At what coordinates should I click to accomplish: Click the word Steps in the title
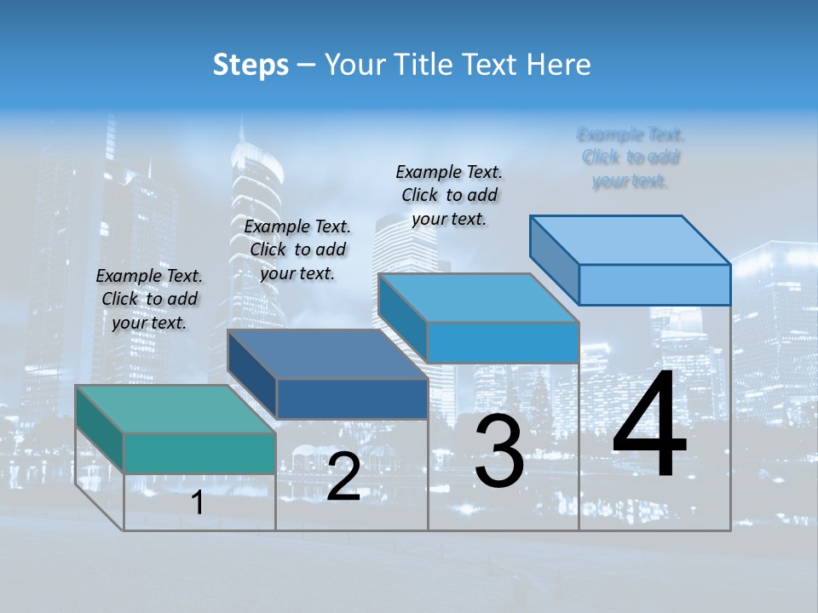251,65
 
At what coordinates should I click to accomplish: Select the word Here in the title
558,65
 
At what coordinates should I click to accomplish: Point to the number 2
343,477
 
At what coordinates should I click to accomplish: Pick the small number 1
198,503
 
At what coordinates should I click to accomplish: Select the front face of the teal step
199,453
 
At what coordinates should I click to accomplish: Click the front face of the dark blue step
352,398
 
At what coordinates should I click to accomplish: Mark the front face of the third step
503,342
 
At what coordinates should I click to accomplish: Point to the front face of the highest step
654,284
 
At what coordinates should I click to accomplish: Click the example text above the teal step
149,299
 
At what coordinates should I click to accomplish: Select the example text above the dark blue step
297,249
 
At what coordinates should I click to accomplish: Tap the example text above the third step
449,195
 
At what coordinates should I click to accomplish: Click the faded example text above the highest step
631,158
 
